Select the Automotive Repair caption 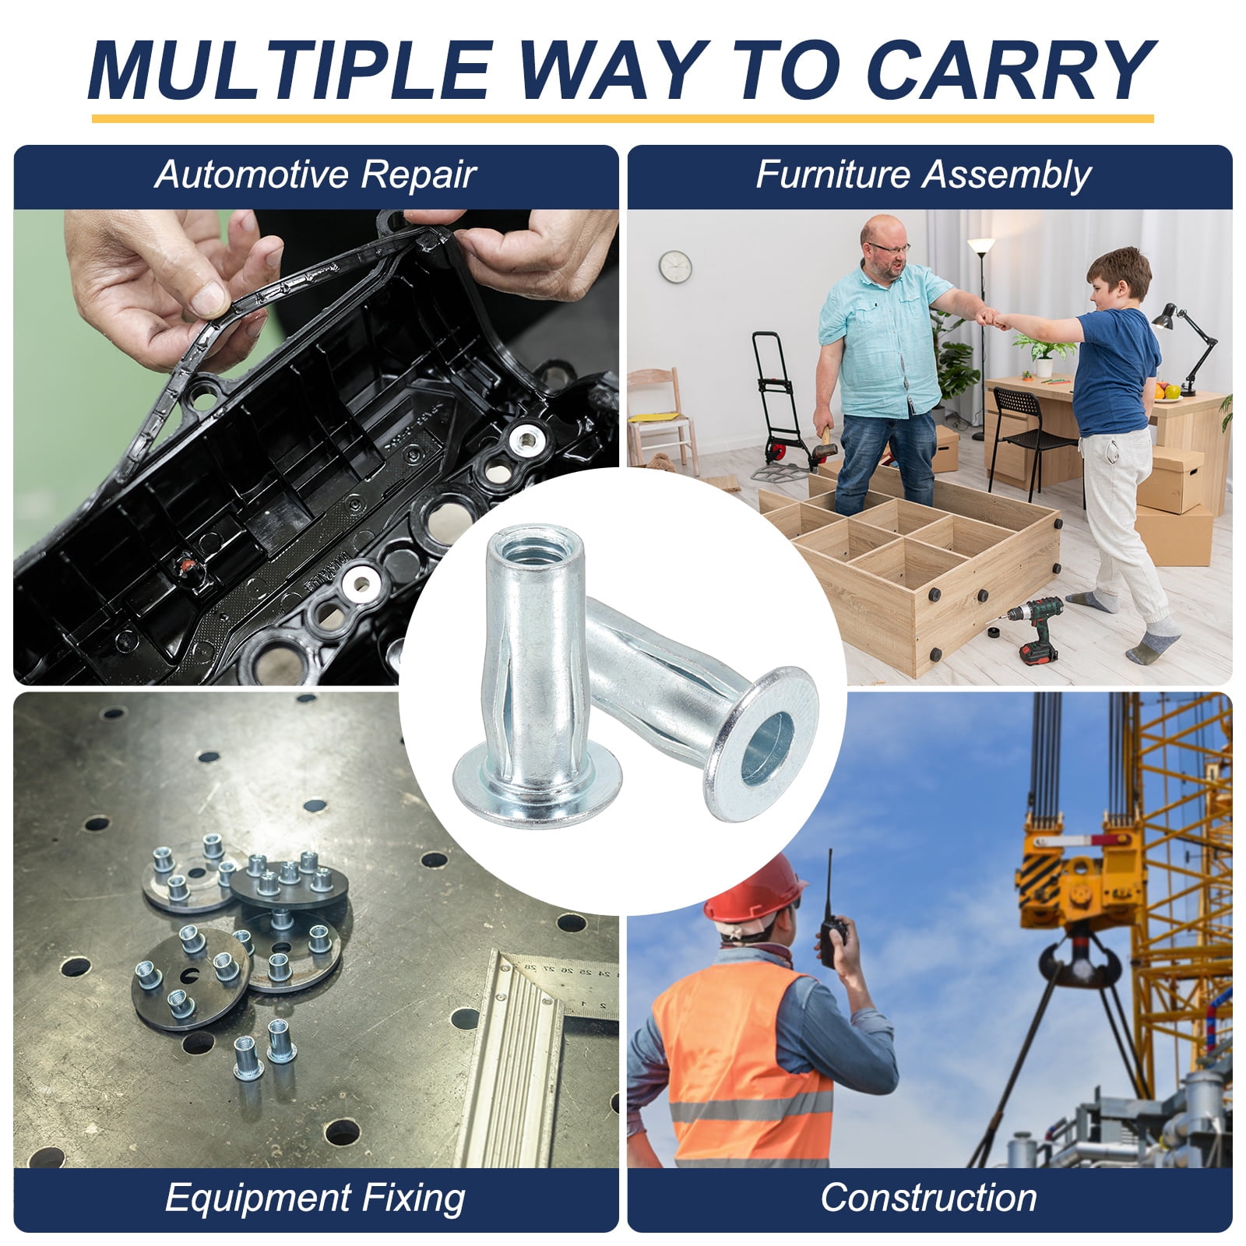(315, 175)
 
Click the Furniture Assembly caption (924, 175)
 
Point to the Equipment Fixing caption (315, 1197)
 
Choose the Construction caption (928, 1197)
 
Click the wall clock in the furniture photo (675, 266)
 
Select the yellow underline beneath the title (622, 119)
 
